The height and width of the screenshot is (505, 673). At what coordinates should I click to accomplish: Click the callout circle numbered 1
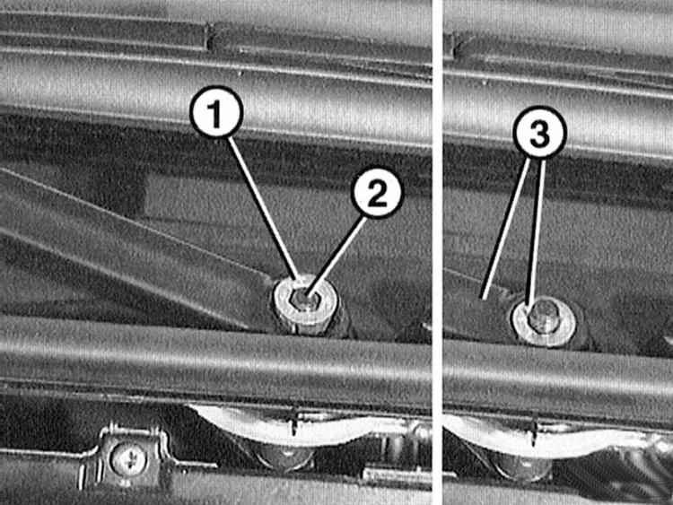216,111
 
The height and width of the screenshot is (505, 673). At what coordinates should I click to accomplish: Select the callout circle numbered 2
377,194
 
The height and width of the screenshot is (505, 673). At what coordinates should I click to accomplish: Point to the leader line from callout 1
264,208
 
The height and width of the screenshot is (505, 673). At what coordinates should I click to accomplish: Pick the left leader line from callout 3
504,229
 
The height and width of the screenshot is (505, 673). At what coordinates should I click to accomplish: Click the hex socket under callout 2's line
306,299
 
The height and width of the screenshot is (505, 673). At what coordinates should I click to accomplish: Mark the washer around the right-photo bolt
544,322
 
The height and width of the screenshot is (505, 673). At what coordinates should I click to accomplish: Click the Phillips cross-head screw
128,459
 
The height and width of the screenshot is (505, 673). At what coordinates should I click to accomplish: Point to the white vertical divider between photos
437,252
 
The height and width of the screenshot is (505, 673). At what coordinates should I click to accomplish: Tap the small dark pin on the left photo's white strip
293,422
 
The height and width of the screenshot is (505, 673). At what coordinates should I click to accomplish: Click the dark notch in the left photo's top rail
210,36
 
